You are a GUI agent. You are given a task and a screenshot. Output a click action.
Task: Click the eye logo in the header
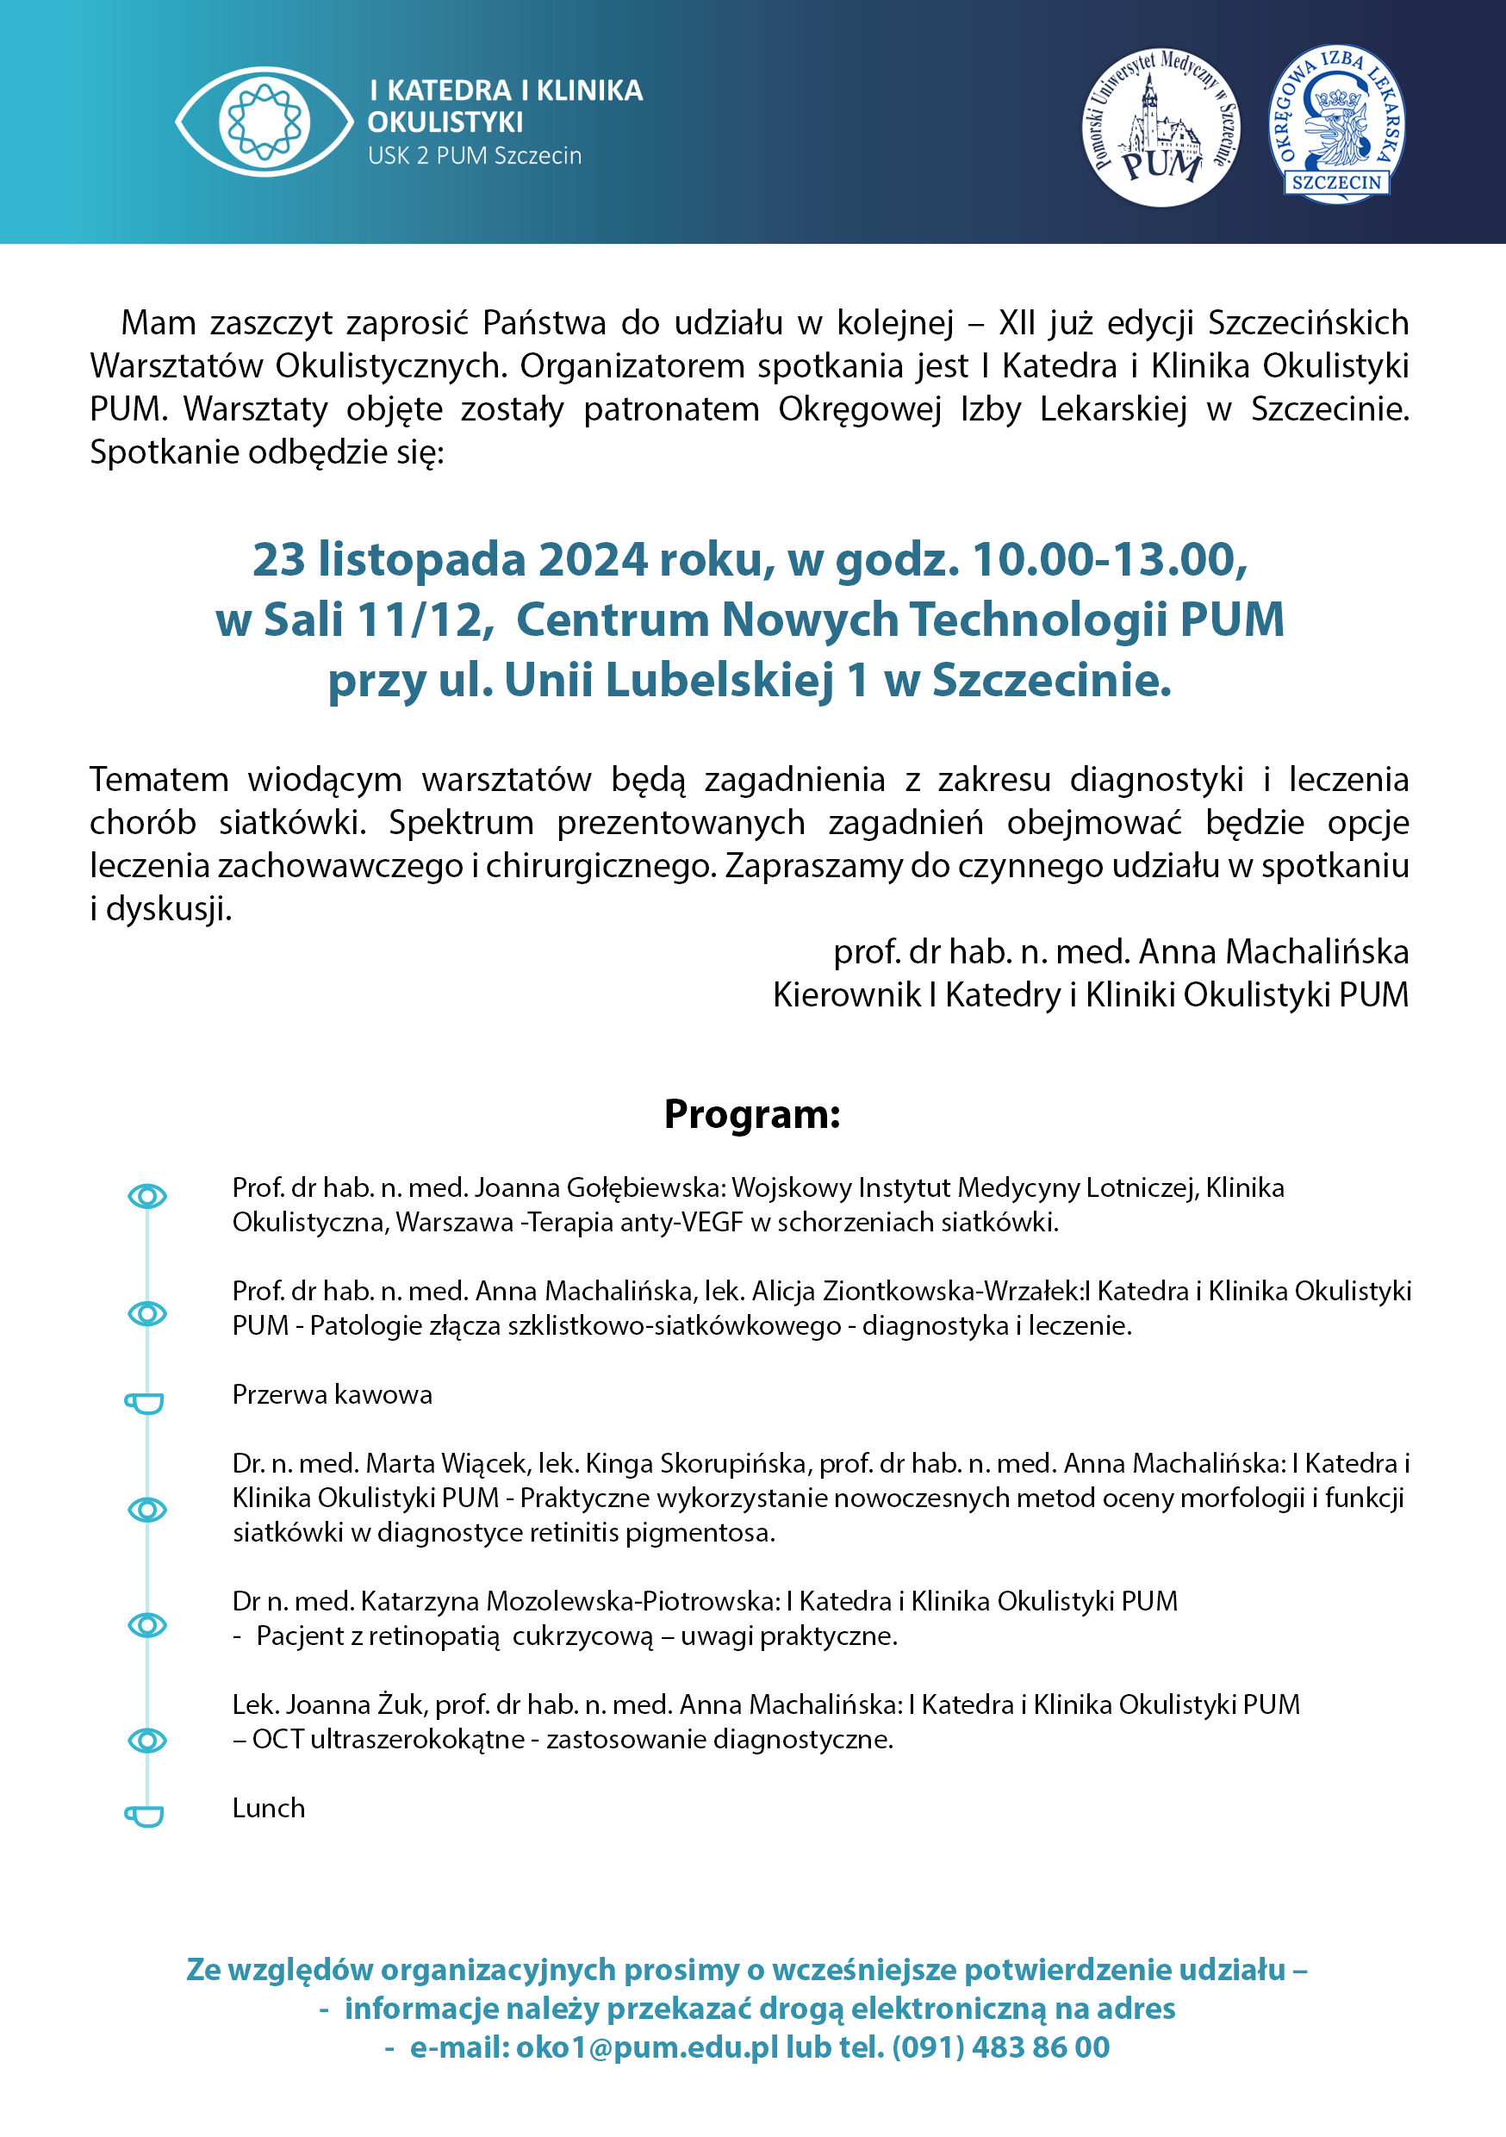click(x=264, y=121)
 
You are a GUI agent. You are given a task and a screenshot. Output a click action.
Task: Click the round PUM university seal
click(x=1160, y=128)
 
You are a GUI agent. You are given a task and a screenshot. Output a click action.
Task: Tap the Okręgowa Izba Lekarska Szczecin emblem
click(x=1336, y=124)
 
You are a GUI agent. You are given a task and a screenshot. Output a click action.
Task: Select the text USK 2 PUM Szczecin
click(x=475, y=155)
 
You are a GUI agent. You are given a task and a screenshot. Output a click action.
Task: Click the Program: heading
click(x=752, y=1114)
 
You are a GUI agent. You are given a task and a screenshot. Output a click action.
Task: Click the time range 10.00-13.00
click(x=1109, y=559)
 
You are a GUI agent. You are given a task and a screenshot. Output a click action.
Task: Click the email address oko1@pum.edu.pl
click(x=647, y=2047)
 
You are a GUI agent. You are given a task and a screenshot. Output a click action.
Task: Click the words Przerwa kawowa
click(x=333, y=1394)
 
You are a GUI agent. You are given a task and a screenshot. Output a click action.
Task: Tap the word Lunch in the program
click(x=269, y=1808)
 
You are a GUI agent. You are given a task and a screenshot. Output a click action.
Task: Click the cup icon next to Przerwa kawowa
click(x=146, y=1402)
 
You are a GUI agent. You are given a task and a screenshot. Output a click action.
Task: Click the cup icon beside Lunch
click(x=146, y=1815)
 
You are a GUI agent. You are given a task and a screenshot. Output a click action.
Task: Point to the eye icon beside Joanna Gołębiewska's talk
click(x=147, y=1196)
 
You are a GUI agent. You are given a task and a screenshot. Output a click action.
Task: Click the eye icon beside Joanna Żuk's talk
click(x=147, y=1740)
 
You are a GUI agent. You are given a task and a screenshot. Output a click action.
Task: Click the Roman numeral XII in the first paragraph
click(x=1017, y=323)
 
